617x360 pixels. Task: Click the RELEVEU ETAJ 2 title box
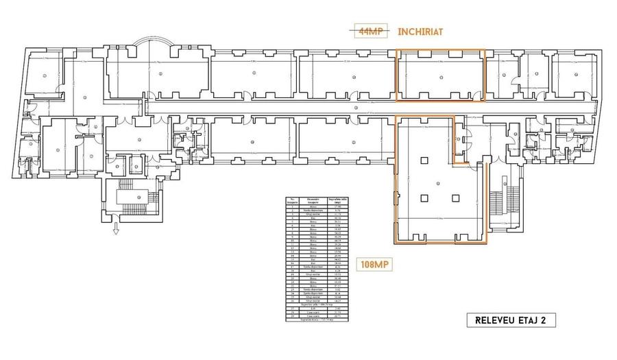pos(506,320)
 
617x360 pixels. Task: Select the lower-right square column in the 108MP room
pos(455,198)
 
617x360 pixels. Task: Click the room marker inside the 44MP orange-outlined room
pos(439,75)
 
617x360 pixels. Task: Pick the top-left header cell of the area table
pos(292,200)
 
